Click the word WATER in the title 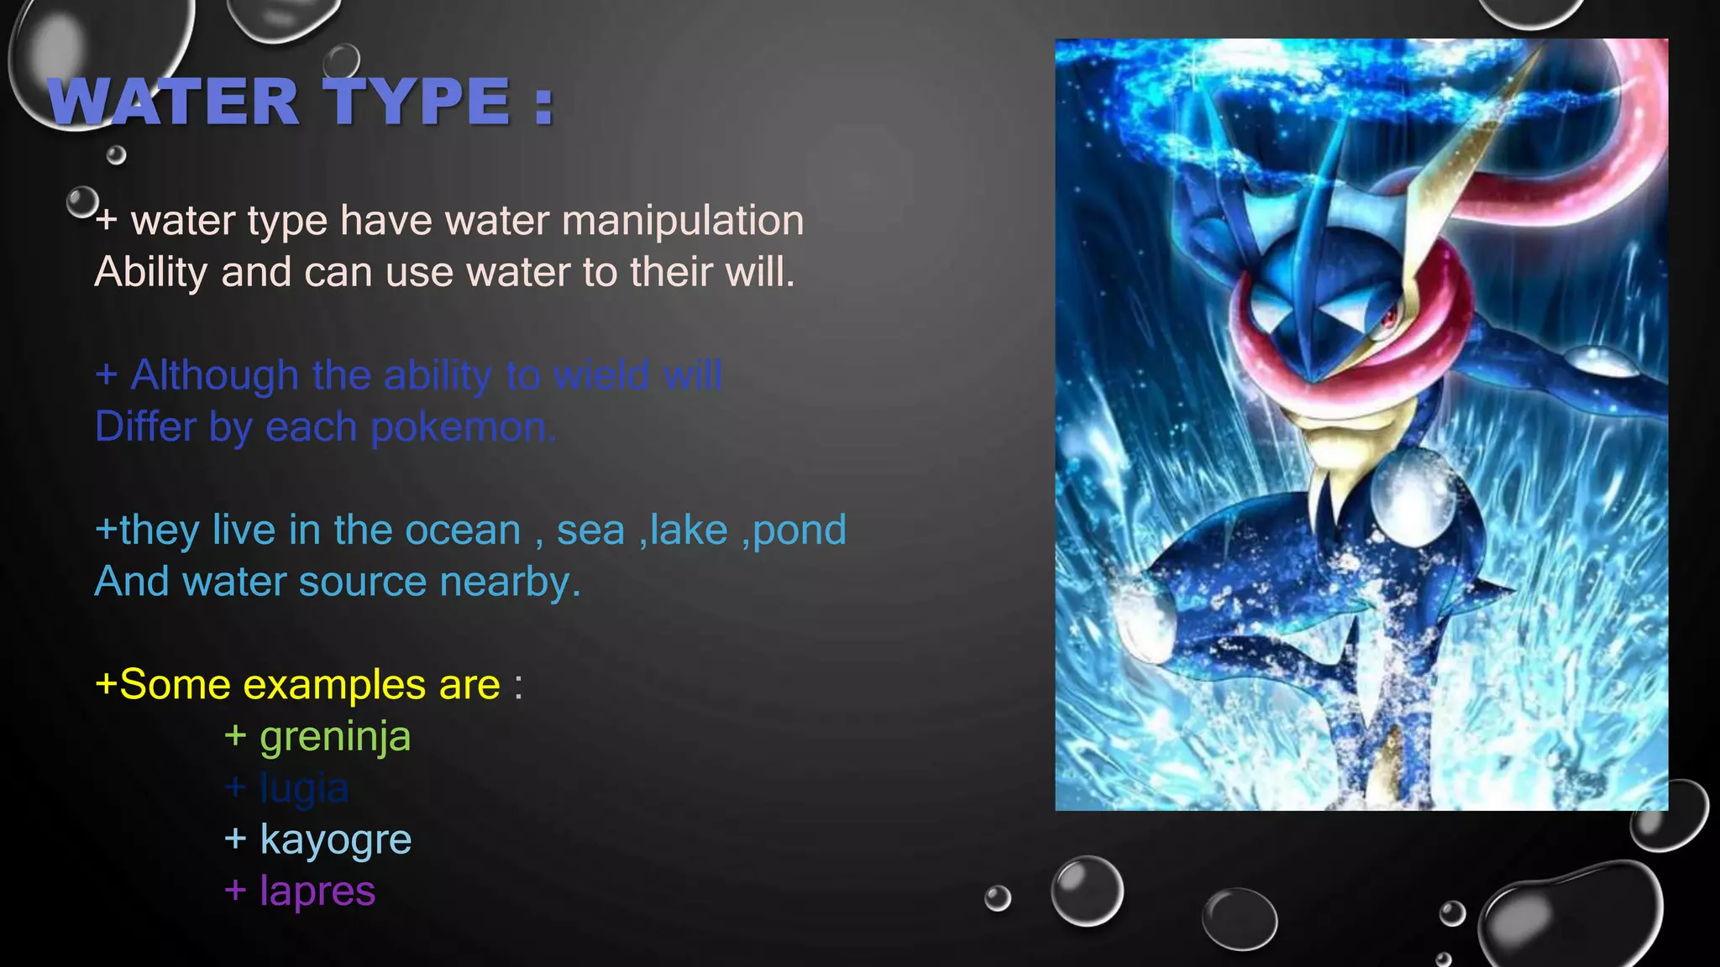[173, 102]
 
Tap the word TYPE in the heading [417, 102]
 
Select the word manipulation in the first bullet [682, 221]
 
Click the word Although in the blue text [215, 375]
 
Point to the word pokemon [463, 427]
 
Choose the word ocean [463, 531]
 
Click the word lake [688, 531]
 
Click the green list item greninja [335, 738]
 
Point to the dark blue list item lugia [304, 788]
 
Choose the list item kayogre [335, 840]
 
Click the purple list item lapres [317, 891]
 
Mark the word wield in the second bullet [602, 375]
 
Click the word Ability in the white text [151, 273]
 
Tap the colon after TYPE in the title [543, 104]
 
